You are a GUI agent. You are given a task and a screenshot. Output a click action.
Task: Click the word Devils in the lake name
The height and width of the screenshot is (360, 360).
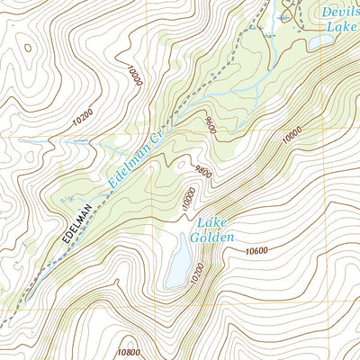341,11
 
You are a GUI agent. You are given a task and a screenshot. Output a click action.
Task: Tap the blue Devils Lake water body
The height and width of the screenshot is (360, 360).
321,41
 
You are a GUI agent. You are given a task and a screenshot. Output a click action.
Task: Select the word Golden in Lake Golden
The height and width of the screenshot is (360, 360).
211,238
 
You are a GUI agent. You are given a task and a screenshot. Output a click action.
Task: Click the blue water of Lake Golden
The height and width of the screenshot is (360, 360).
177,265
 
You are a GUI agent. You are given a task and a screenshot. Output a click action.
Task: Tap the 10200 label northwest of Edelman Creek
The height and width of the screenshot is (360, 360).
82,117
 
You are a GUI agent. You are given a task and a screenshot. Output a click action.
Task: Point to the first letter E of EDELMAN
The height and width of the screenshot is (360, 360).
67,244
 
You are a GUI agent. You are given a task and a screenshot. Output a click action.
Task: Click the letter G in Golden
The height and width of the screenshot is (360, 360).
193,238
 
